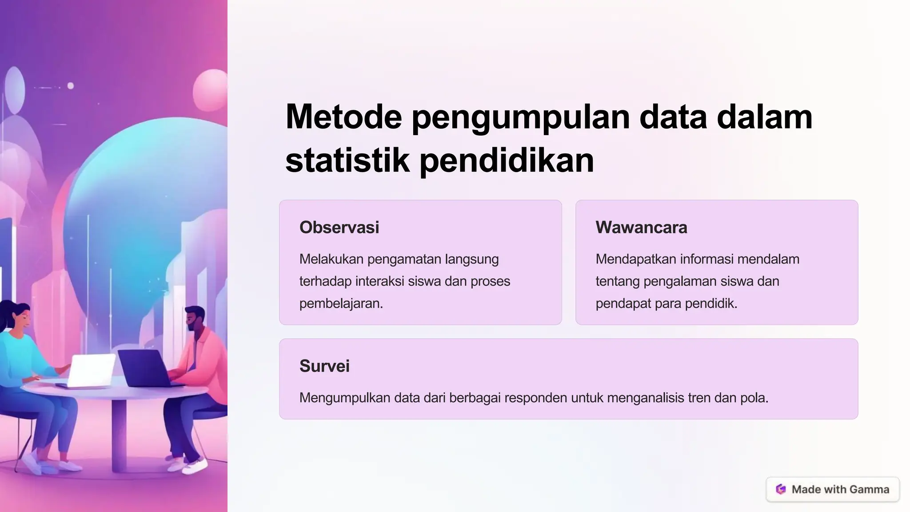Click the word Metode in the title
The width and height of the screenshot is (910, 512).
pos(343,117)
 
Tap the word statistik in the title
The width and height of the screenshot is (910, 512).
pos(347,160)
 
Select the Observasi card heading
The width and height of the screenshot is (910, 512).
pos(339,228)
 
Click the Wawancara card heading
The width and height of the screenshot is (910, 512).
pos(641,228)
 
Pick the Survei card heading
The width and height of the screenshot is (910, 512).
pos(324,366)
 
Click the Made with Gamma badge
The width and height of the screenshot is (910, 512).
pos(833,489)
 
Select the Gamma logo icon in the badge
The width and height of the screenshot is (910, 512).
pos(781,489)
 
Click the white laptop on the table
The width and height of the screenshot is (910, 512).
pos(91,371)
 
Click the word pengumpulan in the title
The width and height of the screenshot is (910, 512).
pos(521,117)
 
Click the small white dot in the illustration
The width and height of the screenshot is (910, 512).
pos(71,86)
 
